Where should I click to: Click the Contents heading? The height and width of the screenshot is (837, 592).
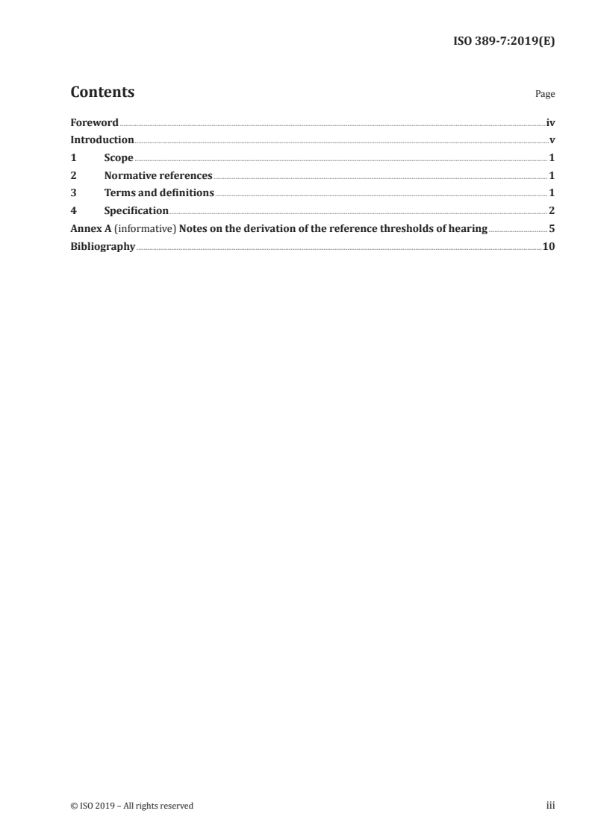102,93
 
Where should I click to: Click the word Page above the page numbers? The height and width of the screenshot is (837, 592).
545,95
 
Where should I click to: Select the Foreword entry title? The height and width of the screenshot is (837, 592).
94,122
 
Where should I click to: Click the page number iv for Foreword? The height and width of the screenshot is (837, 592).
550,122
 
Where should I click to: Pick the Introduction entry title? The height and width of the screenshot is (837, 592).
102,140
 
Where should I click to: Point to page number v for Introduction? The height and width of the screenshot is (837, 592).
552,140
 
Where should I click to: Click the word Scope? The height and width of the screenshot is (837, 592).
119,158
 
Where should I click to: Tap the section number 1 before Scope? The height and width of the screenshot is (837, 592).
73,158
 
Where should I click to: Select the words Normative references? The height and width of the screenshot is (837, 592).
158,176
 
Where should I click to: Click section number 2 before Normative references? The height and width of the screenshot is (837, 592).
73,176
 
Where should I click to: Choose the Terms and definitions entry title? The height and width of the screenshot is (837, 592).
159,193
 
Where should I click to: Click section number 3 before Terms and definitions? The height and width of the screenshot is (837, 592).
73,193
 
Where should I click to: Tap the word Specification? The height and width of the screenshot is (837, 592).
137,211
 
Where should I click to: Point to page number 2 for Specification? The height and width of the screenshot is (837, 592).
552,211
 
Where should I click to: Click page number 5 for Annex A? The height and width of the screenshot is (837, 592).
552,229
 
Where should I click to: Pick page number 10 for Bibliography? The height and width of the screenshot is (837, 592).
549,247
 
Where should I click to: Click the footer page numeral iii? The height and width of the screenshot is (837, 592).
551,806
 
